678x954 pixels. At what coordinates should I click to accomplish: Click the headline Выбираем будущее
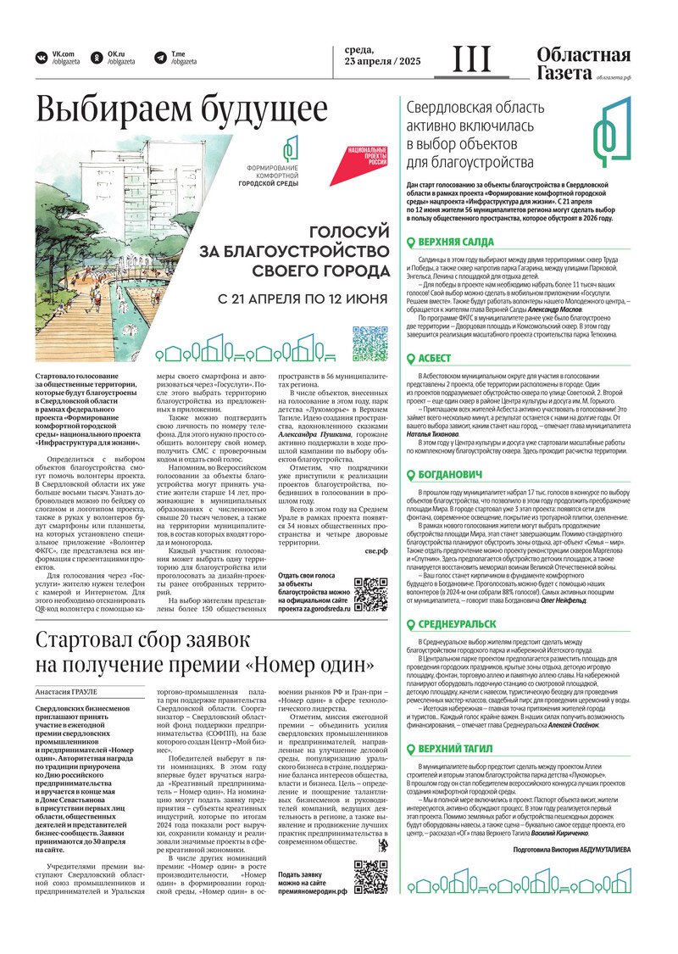[181, 111]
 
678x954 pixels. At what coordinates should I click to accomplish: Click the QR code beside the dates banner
[370, 342]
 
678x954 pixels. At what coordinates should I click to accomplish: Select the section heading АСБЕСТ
[435, 358]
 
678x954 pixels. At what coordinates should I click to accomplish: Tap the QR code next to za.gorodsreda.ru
[370, 594]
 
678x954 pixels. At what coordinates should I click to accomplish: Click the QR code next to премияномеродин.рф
[370, 877]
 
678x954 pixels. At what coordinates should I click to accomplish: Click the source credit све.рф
[375, 527]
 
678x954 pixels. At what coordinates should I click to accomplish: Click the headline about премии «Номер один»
[204, 651]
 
